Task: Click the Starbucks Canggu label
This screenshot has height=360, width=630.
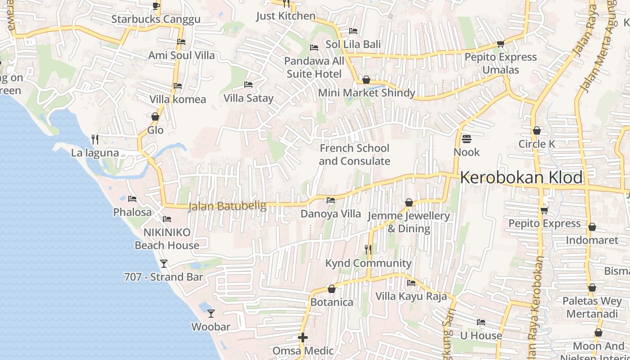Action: pos(156,19)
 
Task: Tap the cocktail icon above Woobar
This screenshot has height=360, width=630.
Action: pos(211,313)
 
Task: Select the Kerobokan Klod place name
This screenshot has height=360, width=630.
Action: pos(521,178)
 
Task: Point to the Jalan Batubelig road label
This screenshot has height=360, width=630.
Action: pos(227,206)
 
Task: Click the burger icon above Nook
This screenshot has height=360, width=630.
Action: pos(466,139)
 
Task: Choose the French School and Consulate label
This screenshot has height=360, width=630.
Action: pos(355,154)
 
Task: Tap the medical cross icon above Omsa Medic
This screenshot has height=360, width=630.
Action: pos(303,337)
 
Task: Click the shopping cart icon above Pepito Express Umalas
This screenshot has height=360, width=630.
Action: pos(500,44)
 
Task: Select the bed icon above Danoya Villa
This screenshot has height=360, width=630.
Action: pos(331,200)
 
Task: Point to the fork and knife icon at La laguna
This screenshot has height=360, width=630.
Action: pos(95,139)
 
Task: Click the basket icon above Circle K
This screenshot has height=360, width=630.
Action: pos(536,131)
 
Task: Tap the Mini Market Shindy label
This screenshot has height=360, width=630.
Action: pos(366,93)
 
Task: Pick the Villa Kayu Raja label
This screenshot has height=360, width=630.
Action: pos(411,296)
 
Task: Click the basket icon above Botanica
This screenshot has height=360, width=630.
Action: pos(332,289)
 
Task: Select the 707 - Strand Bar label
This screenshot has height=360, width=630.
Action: pos(163,277)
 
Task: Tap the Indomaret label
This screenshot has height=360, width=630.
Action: pos(592,240)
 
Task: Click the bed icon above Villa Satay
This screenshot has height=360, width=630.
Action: pos(248,84)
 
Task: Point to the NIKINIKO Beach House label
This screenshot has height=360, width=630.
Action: pos(167,238)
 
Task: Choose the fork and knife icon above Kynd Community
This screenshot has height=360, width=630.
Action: pos(368,249)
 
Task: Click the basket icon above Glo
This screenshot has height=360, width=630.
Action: pos(155,117)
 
